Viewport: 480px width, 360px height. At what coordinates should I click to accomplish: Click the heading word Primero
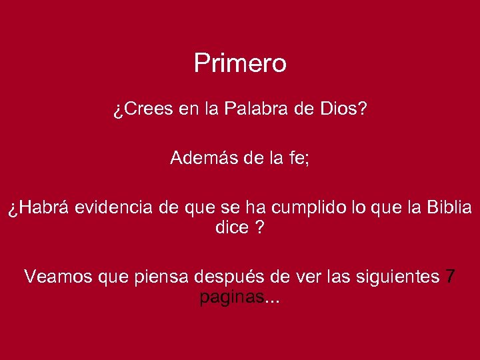240,64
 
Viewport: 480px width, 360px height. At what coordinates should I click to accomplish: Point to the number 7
451,276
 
